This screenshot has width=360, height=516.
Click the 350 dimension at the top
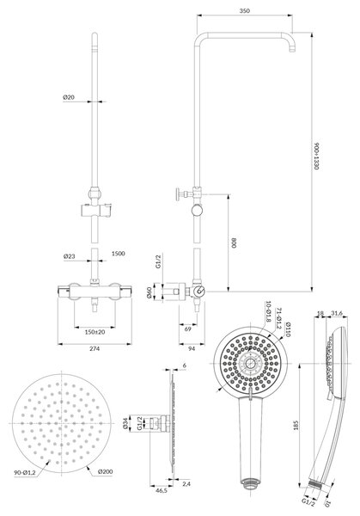click(x=245, y=10)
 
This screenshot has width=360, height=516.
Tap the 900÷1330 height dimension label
click(x=316, y=156)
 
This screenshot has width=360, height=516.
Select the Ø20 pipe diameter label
click(x=69, y=97)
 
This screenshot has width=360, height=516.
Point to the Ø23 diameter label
click(x=69, y=256)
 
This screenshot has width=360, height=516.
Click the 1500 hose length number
click(x=119, y=254)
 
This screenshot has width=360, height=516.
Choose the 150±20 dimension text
click(x=95, y=332)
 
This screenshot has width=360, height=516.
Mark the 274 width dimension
click(x=95, y=348)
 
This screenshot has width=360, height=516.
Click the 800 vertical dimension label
click(x=234, y=243)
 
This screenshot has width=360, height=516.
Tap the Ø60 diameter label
click(x=149, y=292)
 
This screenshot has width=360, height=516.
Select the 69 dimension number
click(x=187, y=329)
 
